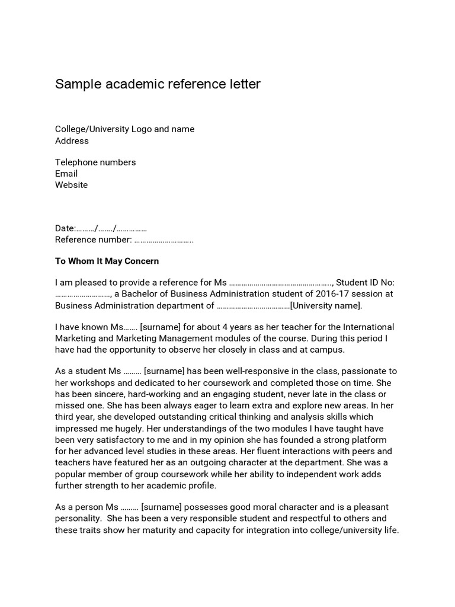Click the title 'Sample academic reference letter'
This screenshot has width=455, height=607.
pyautogui.click(x=158, y=84)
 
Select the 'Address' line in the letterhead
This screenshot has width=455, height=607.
pyautogui.click(x=72, y=141)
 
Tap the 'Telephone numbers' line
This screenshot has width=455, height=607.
pyautogui.click(x=95, y=162)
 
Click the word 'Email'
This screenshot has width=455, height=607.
pyautogui.click(x=66, y=174)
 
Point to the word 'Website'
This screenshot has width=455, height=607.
pyautogui.click(x=71, y=185)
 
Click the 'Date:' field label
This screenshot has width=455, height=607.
pyautogui.click(x=65, y=228)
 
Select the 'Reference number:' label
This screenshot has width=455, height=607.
pyautogui.click(x=93, y=239)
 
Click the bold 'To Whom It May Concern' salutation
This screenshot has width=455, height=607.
pyautogui.click(x=107, y=261)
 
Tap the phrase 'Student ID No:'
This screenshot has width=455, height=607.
pyautogui.click(x=366, y=283)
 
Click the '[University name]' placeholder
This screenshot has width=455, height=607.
pyautogui.click(x=325, y=305)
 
